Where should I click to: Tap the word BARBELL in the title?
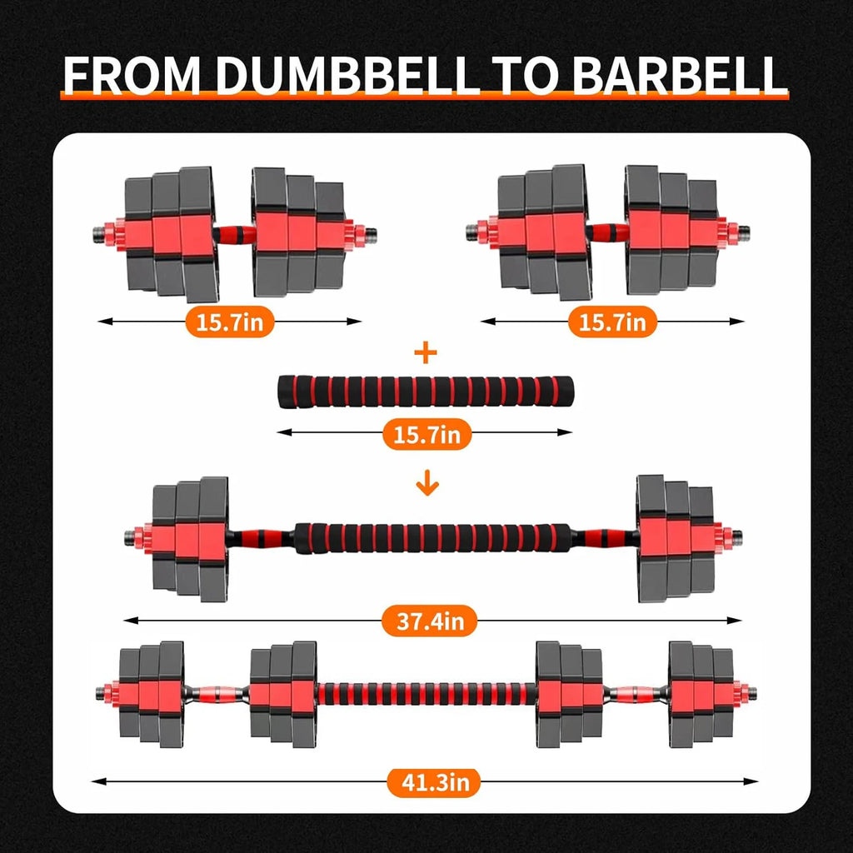pyautogui.click(x=680, y=74)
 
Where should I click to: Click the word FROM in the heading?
pyautogui.click(x=133, y=74)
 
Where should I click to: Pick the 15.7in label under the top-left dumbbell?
pyautogui.click(x=229, y=322)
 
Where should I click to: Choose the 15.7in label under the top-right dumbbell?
pyautogui.click(x=612, y=322)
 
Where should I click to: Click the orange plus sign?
pyautogui.click(x=426, y=353)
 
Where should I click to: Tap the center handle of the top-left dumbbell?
pyautogui.click(x=235, y=232)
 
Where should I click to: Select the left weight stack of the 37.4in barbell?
pyautogui.click(x=190, y=536)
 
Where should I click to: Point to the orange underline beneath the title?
pyautogui.click(x=425, y=97)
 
